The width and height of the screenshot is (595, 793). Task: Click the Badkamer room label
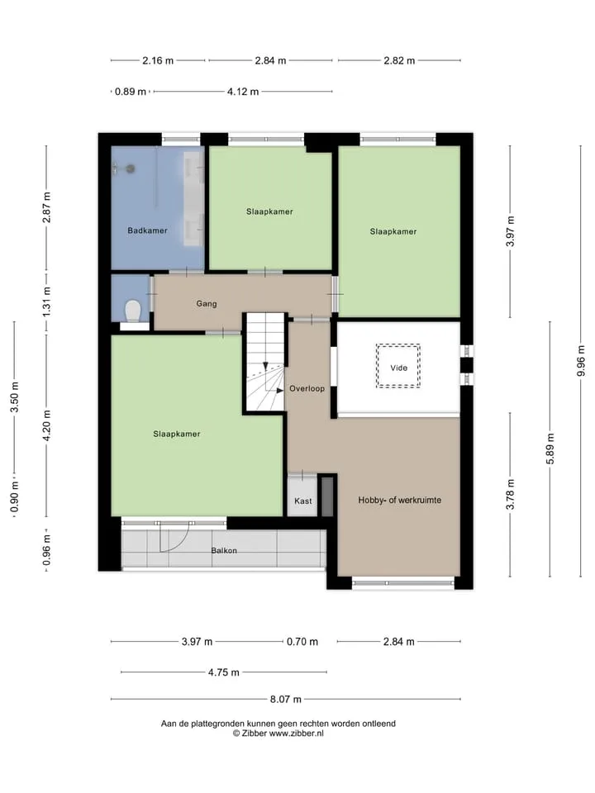[147, 230]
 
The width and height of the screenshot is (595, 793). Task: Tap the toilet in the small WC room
[133, 311]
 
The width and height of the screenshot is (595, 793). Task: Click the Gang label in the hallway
[207, 304]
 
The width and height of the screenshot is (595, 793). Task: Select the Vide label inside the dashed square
[398, 368]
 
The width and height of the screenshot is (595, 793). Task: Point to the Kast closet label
[303, 501]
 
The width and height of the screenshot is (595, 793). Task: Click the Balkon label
[224, 551]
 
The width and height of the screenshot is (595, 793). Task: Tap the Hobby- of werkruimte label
[400, 501]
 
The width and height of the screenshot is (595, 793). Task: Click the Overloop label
[307, 389]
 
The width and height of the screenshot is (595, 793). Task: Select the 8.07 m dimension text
[285, 700]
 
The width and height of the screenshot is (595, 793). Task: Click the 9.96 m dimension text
[581, 361]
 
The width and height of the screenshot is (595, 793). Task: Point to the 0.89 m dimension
[131, 92]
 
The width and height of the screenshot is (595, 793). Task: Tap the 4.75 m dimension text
[224, 672]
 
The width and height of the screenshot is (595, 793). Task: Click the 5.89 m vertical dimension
[550, 449]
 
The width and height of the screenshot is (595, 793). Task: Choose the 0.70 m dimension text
[302, 642]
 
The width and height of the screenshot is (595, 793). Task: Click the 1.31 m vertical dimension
[46, 302]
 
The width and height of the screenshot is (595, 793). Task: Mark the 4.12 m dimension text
[243, 92]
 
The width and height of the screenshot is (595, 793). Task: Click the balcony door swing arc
[180, 544]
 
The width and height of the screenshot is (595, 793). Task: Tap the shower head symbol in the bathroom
[131, 169]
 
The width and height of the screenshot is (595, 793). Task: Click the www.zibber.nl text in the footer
[296, 734]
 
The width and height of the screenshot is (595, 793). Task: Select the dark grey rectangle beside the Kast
[327, 496]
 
